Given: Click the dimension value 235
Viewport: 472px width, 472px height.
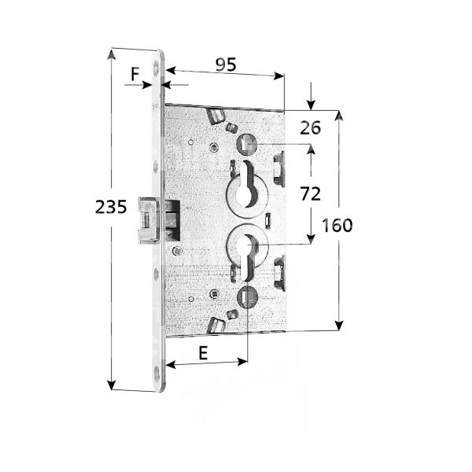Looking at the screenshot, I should point(111,208).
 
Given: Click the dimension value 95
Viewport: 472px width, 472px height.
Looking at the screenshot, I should point(227,65).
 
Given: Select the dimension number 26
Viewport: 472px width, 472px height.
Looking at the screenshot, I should point(311,128).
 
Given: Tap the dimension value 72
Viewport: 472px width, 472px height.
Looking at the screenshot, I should point(311,193).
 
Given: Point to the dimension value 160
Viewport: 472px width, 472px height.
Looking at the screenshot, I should point(337,225).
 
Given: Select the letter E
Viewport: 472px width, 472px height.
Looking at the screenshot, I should point(202,353).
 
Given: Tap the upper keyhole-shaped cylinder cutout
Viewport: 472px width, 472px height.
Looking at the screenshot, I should point(249,181).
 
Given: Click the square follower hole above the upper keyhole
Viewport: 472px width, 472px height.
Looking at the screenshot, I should point(247,144).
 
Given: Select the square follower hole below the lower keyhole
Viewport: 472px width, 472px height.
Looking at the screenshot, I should point(245,297).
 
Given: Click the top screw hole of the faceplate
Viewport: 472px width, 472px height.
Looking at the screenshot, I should point(163,69).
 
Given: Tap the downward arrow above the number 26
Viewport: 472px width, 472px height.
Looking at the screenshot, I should point(312,105).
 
